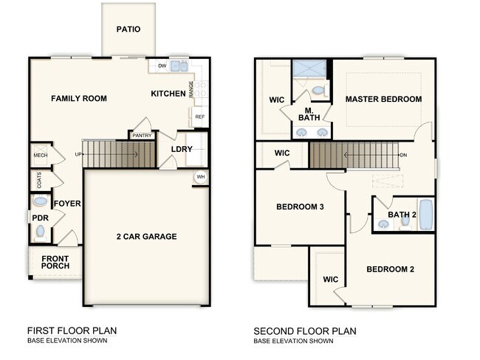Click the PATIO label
click(128, 30)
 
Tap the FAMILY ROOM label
click(79, 98)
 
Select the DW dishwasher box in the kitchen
click(161, 66)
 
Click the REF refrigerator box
click(199, 117)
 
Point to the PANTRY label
click(141, 136)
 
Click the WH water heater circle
click(200, 177)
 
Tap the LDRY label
click(182, 149)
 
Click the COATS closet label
click(38, 179)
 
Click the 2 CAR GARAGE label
click(146, 237)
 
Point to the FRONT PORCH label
click(55, 263)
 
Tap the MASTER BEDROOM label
click(383, 99)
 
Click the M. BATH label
click(309, 114)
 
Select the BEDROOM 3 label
click(300, 207)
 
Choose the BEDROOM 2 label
click(390, 269)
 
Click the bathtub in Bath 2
click(426, 215)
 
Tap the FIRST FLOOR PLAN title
click(72, 331)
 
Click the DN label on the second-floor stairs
click(403, 156)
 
